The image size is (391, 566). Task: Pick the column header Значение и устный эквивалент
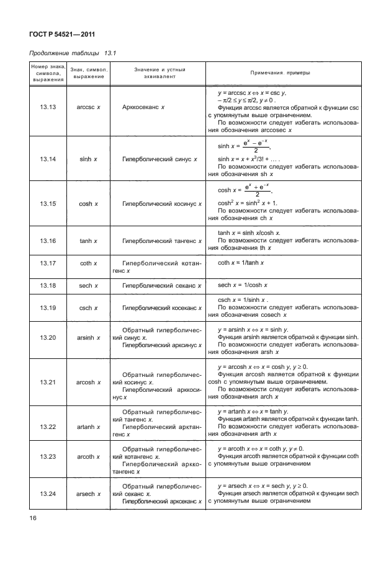160,73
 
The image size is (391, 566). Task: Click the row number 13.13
48,107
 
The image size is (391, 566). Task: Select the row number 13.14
48,159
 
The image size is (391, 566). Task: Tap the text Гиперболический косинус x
160,203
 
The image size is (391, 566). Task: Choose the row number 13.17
48,263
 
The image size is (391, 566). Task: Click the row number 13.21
48,382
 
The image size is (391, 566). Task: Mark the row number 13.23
48,459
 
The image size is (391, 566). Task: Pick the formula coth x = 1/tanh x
241,263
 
